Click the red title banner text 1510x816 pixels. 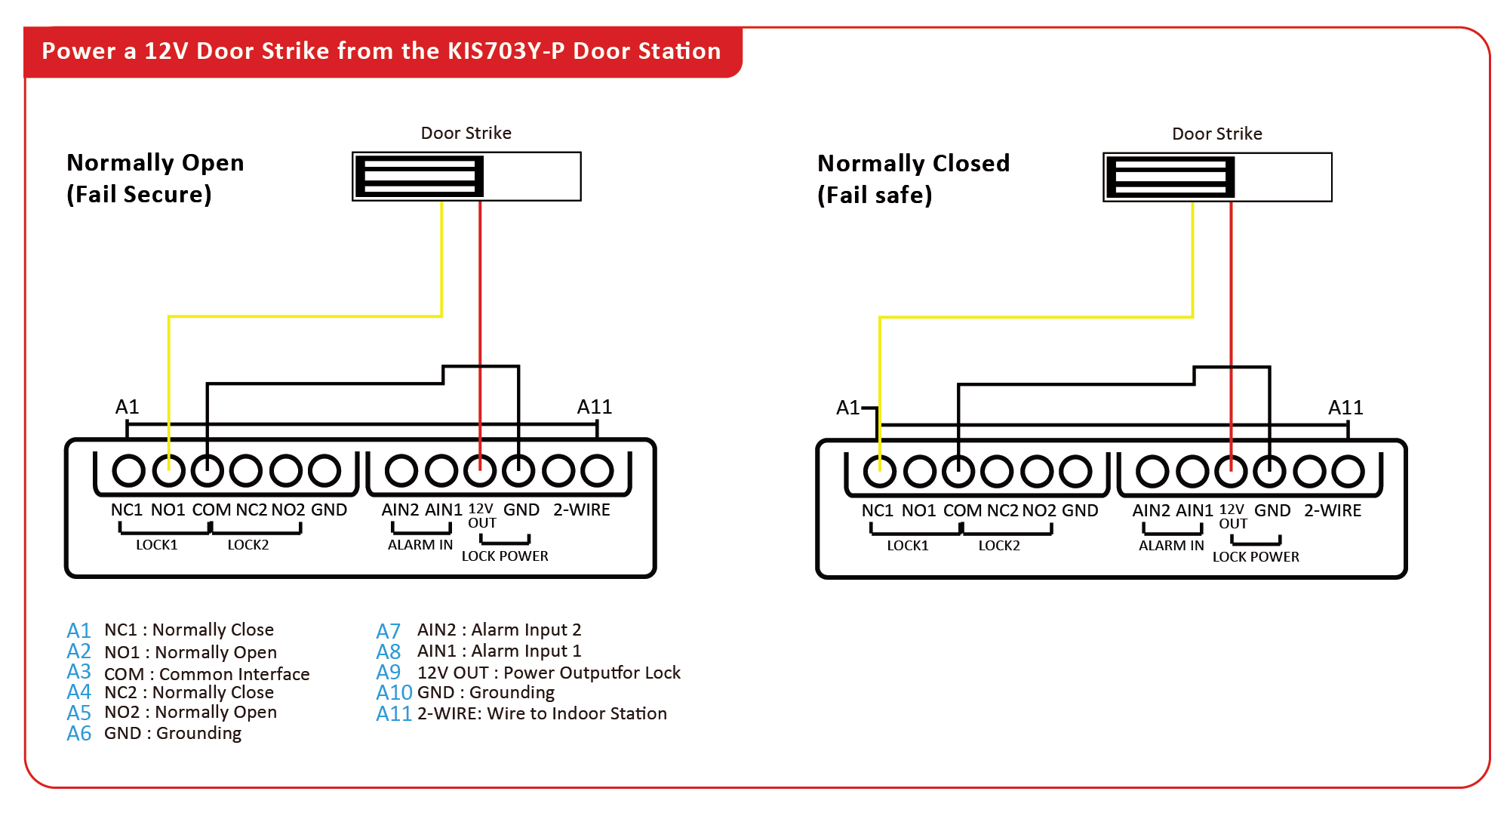click(381, 51)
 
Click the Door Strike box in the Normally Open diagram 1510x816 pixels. click(466, 177)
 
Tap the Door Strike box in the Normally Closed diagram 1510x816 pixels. click(1217, 177)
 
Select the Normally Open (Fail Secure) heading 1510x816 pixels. click(155, 178)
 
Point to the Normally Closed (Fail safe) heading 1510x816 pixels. click(913, 179)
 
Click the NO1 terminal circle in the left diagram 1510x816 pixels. click(168, 470)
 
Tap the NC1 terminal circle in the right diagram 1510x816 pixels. click(879, 472)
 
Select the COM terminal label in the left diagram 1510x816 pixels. click(211, 510)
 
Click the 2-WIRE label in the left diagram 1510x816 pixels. click(582, 510)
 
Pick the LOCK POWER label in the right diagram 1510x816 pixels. click(1256, 557)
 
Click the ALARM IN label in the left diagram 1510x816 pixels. click(420, 545)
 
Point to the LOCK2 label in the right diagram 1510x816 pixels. click(999, 546)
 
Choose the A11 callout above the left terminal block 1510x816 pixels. click(595, 408)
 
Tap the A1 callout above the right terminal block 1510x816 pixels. click(848, 408)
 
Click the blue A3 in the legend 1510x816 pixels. click(79, 672)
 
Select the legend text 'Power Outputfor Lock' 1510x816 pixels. click(592, 673)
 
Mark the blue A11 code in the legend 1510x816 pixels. click(394, 714)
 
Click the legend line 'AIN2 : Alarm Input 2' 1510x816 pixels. click(499, 630)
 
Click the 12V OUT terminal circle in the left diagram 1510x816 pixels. click(480, 470)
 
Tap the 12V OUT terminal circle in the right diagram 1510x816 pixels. click(1231, 472)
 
